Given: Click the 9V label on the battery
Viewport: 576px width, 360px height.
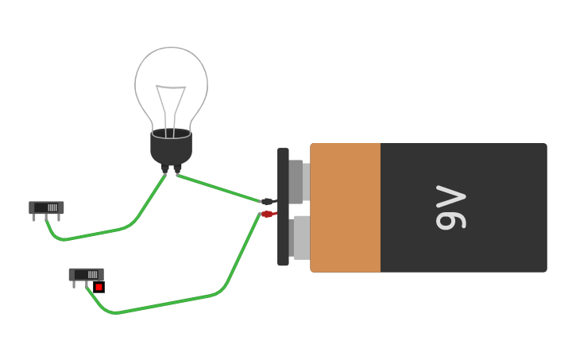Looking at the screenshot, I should click(450, 207).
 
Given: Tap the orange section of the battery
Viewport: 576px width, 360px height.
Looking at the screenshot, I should click(345, 207).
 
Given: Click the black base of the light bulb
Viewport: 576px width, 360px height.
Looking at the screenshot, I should click(171, 146).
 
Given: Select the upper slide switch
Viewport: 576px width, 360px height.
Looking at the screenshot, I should click(46, 207).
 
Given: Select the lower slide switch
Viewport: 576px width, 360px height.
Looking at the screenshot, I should click(86, 274).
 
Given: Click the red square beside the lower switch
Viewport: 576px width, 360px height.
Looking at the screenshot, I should click(99, 287).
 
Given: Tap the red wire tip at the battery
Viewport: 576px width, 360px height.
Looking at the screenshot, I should click(268, 214).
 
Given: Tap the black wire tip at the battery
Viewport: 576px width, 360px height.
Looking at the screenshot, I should click(268, 202).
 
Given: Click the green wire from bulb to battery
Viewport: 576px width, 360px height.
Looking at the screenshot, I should click(218, 188).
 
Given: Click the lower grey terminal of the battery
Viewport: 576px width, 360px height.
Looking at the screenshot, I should click(300, 237).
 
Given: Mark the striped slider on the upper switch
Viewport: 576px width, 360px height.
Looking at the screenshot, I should click(52, 207).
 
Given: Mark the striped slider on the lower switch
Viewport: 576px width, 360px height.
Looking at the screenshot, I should click(92, 274).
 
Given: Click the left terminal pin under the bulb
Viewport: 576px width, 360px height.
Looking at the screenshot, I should click(164, 168).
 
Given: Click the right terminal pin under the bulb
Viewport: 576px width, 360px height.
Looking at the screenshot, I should click(177, 168).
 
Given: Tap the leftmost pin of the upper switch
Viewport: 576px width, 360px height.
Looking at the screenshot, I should click(34, 218).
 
